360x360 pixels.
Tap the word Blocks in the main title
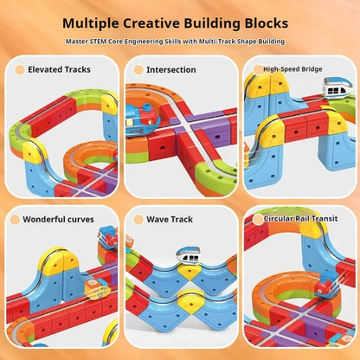tap(267, 23)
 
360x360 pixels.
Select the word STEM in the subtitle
tap(98, 42)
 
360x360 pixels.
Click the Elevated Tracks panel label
tap(59, 69)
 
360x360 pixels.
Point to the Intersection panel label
tap(171, 70)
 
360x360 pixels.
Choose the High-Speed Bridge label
tap(292, 69)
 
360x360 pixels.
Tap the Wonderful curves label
tap(58, 219)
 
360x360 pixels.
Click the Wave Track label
tap(170, 219)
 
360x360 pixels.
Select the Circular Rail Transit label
tap(300, 218)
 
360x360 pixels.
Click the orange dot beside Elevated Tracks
tap(20, 70)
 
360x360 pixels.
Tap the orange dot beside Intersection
tap(138, 70)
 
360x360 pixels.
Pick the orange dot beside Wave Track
tap(138, 220)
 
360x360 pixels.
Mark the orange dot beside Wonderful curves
tap(15, 220)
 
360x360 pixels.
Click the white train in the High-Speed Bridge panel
tap(338, 87)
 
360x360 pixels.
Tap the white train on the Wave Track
tap(188, 254)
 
